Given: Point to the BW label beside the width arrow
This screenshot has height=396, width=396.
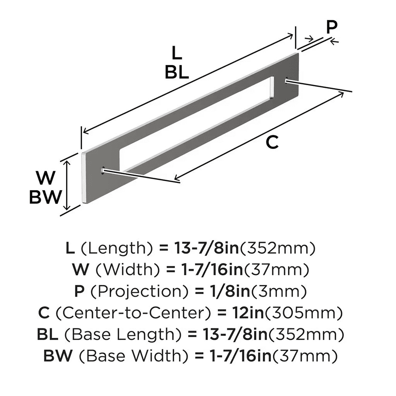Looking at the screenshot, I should coord(46,197).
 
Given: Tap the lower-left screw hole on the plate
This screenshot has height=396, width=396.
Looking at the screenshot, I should coord(104,170).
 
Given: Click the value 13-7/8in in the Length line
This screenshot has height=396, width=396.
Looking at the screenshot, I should coord(207,249).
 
